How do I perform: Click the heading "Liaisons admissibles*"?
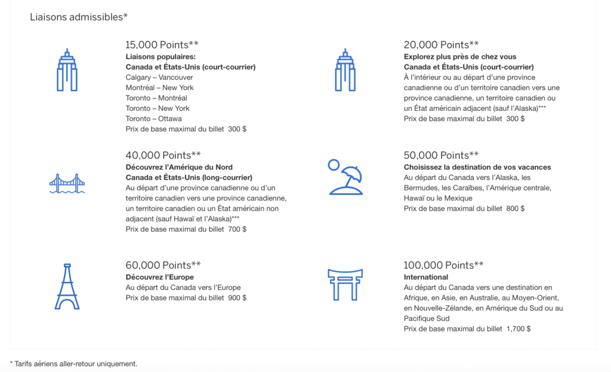[79, 17]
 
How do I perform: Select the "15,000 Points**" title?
[162, 45]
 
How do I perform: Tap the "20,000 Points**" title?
[441, 45]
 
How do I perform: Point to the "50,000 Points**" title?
[441, 156]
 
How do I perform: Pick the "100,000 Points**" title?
[443, 265]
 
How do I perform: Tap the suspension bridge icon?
[67, 184]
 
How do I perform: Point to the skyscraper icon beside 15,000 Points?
[67, 70]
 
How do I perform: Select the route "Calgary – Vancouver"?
[159, 77]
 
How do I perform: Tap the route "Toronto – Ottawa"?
[154, 119]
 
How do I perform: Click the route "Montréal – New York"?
[159, 88]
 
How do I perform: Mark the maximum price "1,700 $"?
[518, 328]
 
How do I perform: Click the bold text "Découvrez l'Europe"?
[159, 277]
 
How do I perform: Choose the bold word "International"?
[425, 277]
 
